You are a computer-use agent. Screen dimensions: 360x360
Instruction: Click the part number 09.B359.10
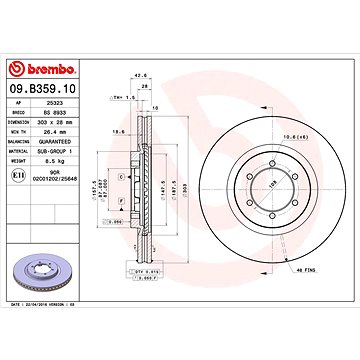42,89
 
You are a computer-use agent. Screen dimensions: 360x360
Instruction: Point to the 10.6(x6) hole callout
294,136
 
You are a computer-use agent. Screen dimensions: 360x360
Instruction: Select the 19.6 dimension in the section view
119,129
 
